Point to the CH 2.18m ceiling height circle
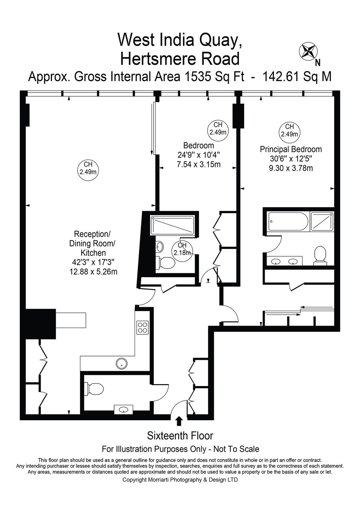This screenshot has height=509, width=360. [182, 250]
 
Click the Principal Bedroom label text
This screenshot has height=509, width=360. [291, 149]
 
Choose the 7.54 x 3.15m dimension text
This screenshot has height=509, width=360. [199, 164]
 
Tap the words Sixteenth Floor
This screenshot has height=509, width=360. [180, 436]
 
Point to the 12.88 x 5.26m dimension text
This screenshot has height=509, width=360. [93, 271]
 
